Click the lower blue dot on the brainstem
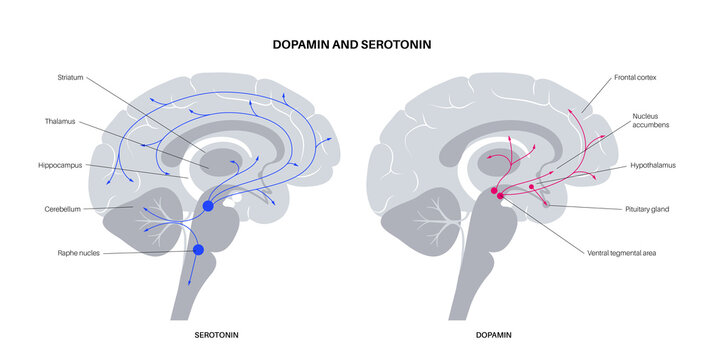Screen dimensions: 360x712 tap(198, 250)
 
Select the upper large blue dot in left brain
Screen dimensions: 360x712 tap(208, 206)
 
